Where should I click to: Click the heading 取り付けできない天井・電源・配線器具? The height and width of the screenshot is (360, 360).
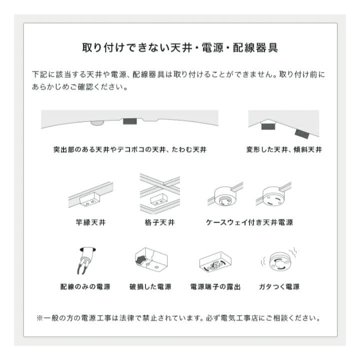coord(180,48)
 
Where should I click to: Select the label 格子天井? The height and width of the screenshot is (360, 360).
coord(159,222)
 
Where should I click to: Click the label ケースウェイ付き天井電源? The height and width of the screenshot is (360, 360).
coord(249,222)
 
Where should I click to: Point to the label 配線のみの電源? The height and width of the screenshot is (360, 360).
coord(85,287)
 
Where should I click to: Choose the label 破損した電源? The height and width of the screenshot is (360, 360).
coord(150,287)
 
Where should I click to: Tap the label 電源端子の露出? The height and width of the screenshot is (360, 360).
coord(215,287)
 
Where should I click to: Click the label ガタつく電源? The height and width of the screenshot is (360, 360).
coord(279,287)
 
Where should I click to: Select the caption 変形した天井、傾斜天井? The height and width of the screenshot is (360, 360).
coord(284,149)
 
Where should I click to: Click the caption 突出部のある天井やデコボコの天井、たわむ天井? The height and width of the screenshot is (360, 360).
coord(129,149)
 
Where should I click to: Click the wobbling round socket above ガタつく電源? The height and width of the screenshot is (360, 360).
coord(278,261)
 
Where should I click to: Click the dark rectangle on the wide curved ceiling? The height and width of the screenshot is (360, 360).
coord(131,121)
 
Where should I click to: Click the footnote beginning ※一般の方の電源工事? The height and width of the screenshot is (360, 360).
coord(178,318)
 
